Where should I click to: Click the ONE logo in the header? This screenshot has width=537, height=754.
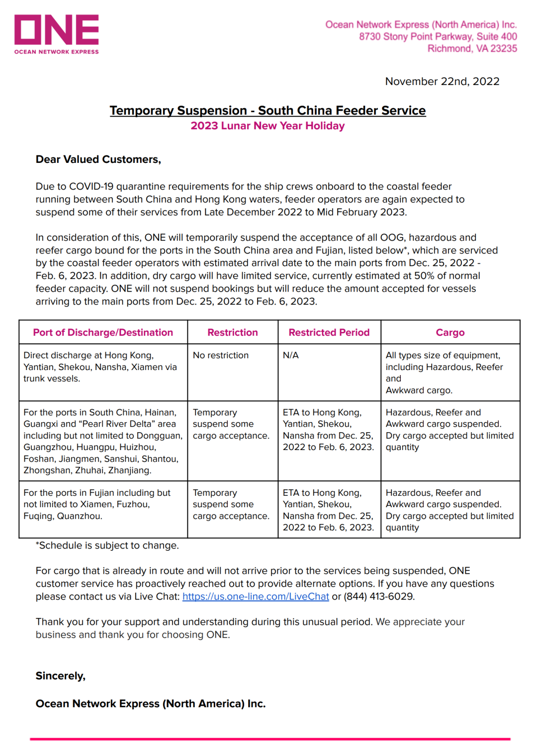(x=56, y=34)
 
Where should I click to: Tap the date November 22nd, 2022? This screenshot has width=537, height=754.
(x=442, y=81)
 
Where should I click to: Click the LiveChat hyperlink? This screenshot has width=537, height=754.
(x=256, y=597)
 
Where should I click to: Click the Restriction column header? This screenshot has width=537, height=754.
(x=233, y=332)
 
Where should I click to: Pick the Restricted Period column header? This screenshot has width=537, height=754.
(x=329, y=332)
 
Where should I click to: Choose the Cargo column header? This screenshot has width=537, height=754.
(x=450, y=332)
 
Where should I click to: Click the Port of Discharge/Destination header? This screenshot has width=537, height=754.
(x=103, y=332)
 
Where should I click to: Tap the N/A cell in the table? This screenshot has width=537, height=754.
(x=291, y=355)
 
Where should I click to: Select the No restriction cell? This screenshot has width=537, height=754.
(x=221, y=355)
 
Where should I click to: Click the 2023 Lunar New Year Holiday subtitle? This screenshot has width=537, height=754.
(x=268, y=126)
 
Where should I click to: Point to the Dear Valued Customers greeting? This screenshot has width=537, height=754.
(x=98, y=159)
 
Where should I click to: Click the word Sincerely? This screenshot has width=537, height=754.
(x=61, y=676)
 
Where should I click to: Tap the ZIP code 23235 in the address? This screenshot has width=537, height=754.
(x=504, y=49)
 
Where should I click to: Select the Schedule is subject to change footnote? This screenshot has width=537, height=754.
(x=107, y=545)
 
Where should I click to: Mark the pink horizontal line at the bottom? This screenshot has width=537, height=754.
(x=270, y=739)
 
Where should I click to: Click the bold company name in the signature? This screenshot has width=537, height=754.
(x=151, y=704)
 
